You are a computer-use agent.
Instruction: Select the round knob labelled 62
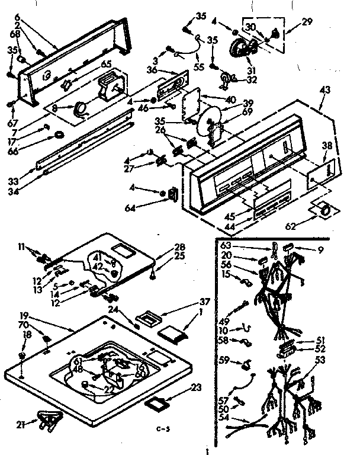(323, 209)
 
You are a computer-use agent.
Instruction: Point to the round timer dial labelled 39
(208, 121)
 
